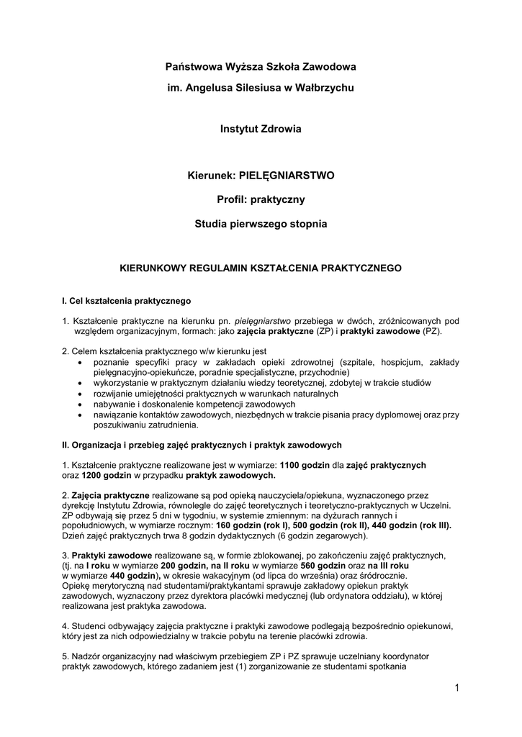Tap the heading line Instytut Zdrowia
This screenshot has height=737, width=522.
[261, 130]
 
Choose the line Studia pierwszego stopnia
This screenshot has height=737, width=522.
[261, 224]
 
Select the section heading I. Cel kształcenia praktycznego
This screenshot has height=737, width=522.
[127, 300]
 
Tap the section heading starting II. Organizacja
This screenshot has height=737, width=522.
[202, 445]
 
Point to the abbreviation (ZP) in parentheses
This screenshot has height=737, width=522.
[325, 333]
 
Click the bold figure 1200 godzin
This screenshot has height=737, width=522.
[102, 476]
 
